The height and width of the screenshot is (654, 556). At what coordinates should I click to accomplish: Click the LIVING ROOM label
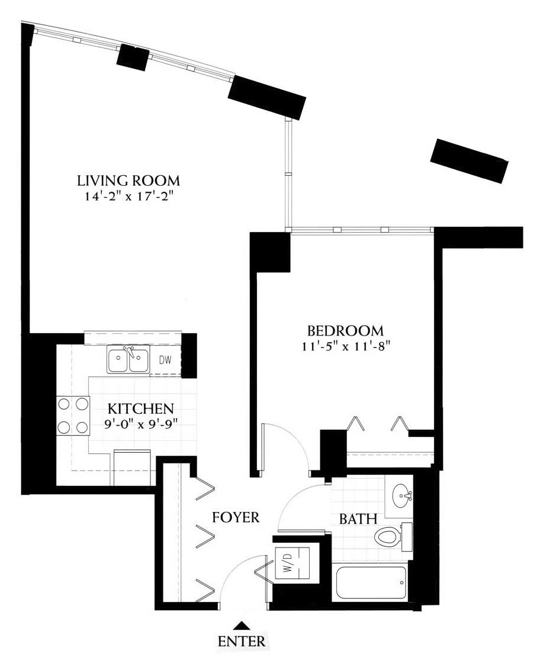click(x=128, y=181)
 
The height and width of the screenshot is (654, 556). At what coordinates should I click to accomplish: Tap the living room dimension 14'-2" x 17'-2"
click(x=129, y=196)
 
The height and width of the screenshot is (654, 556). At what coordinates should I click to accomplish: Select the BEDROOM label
click(x=345, y=331)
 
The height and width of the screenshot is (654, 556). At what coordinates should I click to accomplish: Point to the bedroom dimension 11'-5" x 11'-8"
click(x=346, y=346)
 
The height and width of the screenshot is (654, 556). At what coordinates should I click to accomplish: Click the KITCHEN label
click(x=141, y=408)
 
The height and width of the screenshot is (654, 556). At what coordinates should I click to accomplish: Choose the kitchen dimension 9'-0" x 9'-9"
click(x=141, y=424)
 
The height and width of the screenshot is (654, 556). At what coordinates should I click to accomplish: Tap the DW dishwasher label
click(x=165, y=360)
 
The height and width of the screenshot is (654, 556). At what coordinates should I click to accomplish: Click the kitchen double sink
click(x=128, y=359)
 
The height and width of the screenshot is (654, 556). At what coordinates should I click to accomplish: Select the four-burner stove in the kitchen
click(x=73, y=415)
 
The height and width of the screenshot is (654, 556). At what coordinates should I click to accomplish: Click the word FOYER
click(x=236, y=517)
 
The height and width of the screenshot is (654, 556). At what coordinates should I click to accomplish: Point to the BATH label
click(x=358, y=519)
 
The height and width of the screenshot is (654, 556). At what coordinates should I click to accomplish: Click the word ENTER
click(x=242, y=640)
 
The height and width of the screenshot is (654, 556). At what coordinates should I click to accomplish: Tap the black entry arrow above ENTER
click(x=240, y=625)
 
